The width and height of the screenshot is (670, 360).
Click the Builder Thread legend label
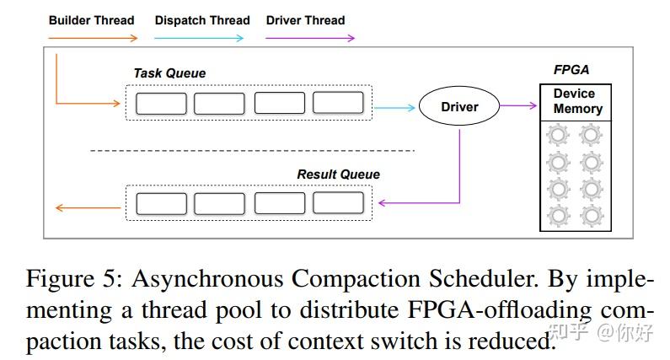(91, 19)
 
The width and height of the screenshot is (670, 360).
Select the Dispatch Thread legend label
(202, 19)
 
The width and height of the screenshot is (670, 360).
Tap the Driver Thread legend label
(305, 19)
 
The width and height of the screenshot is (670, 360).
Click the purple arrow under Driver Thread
(310, 38)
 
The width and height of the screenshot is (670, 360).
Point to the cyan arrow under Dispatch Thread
(200, 38)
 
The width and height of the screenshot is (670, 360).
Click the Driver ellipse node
(459, 107)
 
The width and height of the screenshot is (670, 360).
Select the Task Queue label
(169, 73)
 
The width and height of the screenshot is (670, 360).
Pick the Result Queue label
(338, 175)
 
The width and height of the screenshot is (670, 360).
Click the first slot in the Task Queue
(161, 104)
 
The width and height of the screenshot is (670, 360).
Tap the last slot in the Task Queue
(338, 104)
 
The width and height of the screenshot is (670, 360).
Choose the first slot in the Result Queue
(161, 203)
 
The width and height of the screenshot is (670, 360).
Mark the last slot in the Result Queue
(338, 203)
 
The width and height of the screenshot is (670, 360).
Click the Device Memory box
(576, 102)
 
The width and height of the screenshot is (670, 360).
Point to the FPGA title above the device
(571, 71)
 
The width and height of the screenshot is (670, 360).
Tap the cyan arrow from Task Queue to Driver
(394, 107)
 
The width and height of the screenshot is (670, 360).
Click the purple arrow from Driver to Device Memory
(519, 105)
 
